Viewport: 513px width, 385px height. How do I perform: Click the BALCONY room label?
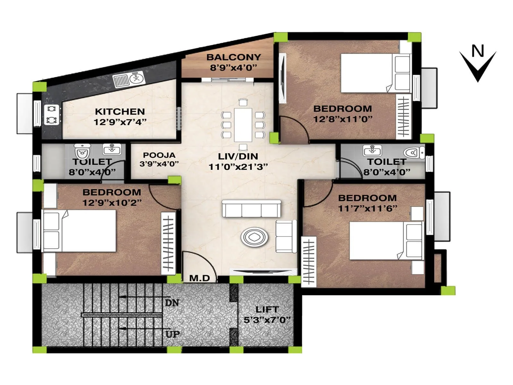[x=233, y=57]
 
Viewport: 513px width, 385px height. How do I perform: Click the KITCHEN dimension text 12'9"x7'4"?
[x=120, y=122]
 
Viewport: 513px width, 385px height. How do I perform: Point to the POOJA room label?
[x=159, y=155]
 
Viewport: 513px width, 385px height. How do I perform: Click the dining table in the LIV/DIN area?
[x=243, y=125]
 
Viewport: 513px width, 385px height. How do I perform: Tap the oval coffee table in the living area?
[x=255, y=237]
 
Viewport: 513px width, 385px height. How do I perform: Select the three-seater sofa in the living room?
[x=251, y=209]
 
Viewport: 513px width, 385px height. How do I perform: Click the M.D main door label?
[x=199, y=278]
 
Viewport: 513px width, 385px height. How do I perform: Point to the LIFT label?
[x=267, y=310]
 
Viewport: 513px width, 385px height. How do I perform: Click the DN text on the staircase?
[x=172, y=303]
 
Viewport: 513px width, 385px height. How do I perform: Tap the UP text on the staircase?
[x=172, y=334]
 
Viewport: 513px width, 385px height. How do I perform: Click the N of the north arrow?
[x=478, y=51]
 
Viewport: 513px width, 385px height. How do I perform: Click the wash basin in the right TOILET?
[x=372, y=150]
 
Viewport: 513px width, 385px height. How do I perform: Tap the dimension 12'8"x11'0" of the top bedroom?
[x=343, y=119]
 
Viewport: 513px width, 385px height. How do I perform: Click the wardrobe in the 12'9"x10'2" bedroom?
[x=168, y=243]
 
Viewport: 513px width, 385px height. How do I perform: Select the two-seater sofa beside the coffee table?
[x=285, y=236]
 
